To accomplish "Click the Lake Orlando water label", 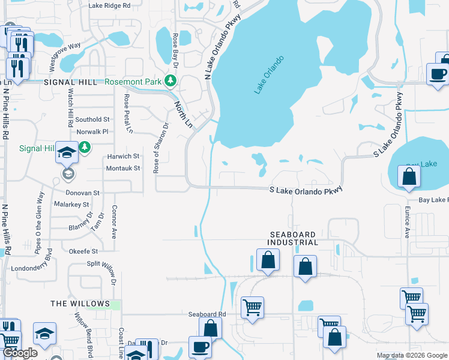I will (268, 75).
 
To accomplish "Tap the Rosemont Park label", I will (135, 82).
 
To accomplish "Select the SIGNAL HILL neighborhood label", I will (70, 82).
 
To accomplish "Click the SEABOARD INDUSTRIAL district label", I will (294, 238).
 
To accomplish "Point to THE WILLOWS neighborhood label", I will (80, 304).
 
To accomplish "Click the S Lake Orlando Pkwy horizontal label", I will (306, 189).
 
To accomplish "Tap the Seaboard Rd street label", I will (206, 314).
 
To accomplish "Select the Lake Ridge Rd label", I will (109, 5).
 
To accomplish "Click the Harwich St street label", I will (123, 156).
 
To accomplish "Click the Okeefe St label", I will (83, 251).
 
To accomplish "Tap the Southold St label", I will (92, 119).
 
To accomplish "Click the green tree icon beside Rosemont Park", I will (171, 81).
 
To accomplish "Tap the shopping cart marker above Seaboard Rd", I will (253, 307).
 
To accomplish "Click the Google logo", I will (20, 353).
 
